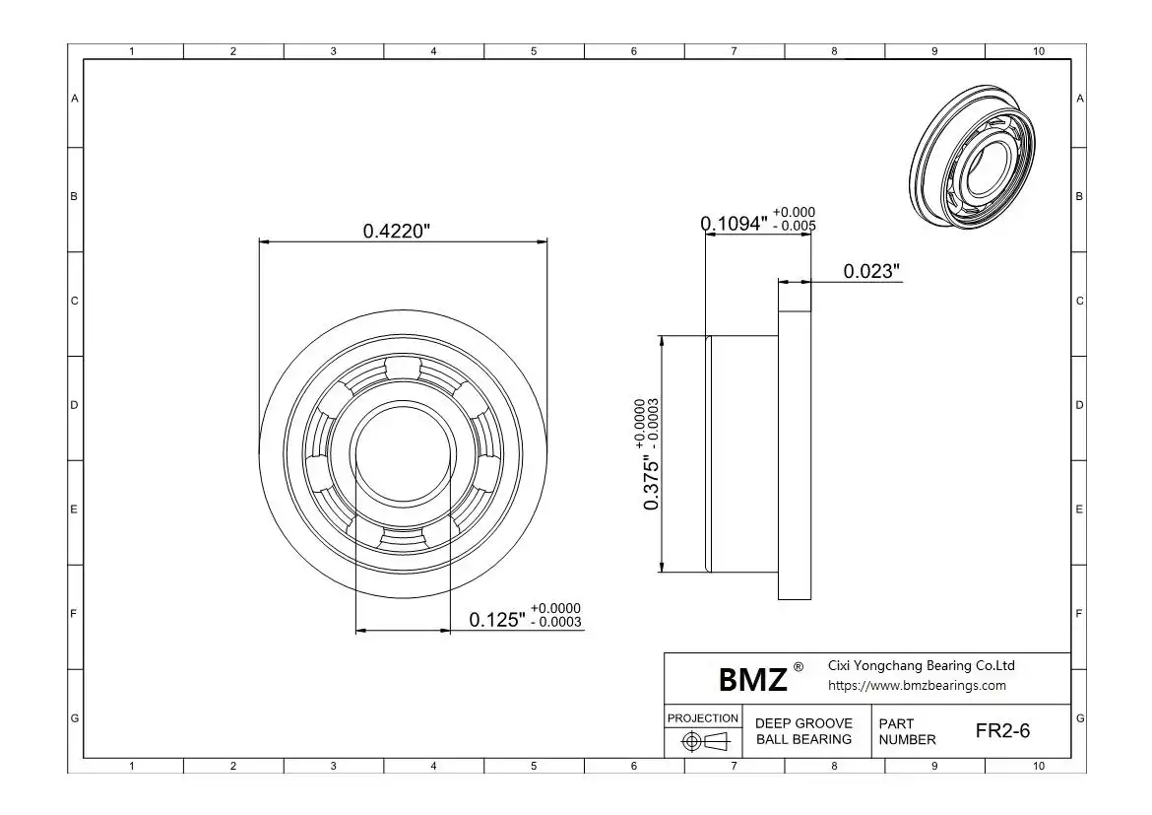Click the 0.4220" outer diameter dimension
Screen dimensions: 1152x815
(x=396, y=231)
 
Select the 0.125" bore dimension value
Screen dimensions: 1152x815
(x=497, y=620)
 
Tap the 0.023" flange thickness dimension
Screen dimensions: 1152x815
(x=871, y=271)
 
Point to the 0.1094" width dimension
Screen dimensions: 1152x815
(x=734, y=224)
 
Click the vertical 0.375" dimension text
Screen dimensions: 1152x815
(x=651, y=483)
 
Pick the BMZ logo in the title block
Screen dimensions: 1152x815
(x=753, y=680)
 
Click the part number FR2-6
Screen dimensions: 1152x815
(x=1003, y=730)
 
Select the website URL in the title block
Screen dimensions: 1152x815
(x=917, y=686)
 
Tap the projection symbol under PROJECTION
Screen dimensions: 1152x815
(x=704, y=741)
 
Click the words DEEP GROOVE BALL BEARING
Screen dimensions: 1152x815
(x=803, y=731)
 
